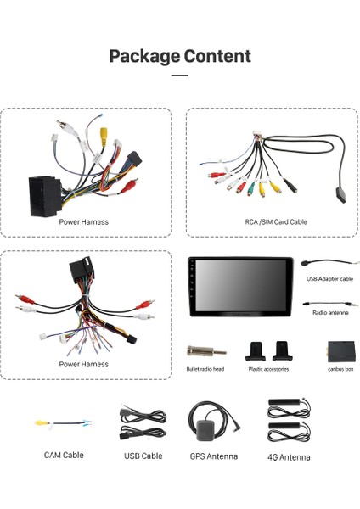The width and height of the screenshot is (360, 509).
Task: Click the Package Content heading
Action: [x=180, y=57]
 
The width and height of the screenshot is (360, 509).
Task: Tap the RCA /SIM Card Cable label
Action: [x=270, y=222]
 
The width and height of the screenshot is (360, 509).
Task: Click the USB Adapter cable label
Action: [x=329, y=279]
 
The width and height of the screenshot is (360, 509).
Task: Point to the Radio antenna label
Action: [x=329, y=312]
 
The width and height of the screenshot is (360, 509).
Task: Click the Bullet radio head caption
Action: [x=205, y=369]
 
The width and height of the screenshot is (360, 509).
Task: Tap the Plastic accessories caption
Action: [x=268, y=369]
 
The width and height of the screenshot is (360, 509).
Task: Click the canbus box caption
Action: [x=340, y=369]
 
